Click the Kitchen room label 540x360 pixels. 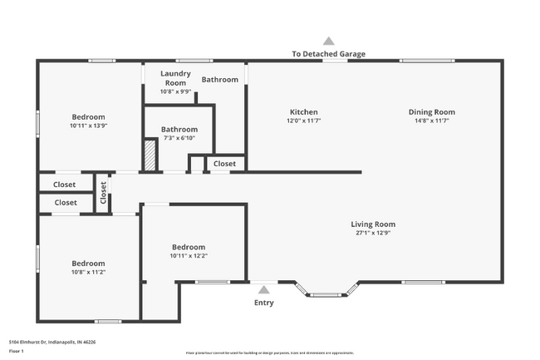(x=303, y=112)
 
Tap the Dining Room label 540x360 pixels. (x=431, y=112)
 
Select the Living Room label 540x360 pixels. (x=372, y=224)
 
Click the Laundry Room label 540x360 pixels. (x=175, y=78)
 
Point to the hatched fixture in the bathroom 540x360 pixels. (x=150, y=155)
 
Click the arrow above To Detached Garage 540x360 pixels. (x=328, y=41)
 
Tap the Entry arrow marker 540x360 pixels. (x=263, y=290)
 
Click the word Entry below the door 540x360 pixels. (x=263, y=303)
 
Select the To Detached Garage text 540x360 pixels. (x=328, y=54)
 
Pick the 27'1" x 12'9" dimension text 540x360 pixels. (x=372, y=234)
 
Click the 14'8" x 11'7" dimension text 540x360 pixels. (x=431, y=121)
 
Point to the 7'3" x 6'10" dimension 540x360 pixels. (x=179, y=139)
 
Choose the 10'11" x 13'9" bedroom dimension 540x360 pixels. (x=88, y=126)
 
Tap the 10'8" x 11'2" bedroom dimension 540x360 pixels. (x=88, y=272)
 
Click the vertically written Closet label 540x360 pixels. (x=104, y=193)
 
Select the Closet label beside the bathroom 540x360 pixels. (x=224, y=164)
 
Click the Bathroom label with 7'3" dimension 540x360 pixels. (x=179, y=130)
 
